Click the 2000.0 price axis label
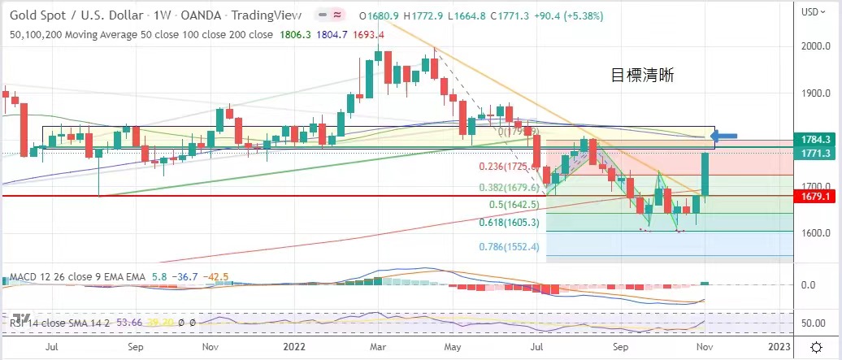[x=814, y=46]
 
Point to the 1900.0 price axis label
[x=814, y=93]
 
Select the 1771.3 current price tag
[x=815, y=152]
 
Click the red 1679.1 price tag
[x=815, y=196]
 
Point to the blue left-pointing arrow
[x=728, y=136]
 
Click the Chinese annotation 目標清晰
[x=642, y=76]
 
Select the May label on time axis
[x=452, y=347]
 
